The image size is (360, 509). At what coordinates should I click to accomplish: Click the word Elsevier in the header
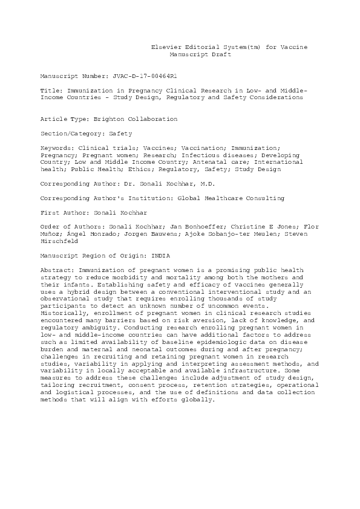[165, 47]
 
